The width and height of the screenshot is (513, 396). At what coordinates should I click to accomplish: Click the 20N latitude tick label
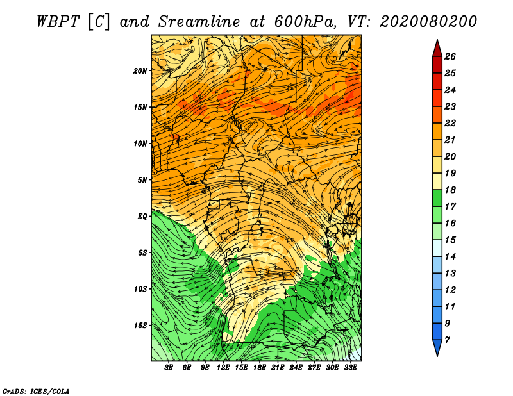coord(140,71)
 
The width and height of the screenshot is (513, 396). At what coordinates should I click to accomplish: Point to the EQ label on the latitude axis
coord(142,216)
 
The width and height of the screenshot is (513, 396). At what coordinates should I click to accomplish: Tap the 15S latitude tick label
coord(140,326)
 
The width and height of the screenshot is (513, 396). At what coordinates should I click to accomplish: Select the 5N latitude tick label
coord(142,180)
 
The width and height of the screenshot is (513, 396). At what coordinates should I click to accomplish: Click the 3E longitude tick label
coord(169,368)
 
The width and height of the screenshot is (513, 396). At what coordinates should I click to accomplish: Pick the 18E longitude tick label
coord(260,368)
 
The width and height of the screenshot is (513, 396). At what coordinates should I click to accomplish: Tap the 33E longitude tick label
coord(350,368)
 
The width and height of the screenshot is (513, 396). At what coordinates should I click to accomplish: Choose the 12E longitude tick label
coord(223,368)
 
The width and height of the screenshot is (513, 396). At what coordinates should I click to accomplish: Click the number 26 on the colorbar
coord(450,56)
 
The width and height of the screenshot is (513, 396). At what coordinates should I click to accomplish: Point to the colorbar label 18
coord(450,190)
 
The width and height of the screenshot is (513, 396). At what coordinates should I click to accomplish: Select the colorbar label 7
coord(447,340)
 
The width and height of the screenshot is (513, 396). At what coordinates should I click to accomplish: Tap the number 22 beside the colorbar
coord(450,123)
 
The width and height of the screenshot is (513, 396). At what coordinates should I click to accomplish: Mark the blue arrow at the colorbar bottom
coord(437,347)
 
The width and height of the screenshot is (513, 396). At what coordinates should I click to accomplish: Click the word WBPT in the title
coord(58,22)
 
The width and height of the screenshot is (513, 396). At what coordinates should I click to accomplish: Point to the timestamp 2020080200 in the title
coord(428,22)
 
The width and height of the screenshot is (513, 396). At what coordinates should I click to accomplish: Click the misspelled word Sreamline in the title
coord(199,22)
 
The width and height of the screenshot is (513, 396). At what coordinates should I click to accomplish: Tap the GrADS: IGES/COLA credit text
coord(36,391)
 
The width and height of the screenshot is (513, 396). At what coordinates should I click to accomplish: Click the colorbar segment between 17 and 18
coord(437,198)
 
